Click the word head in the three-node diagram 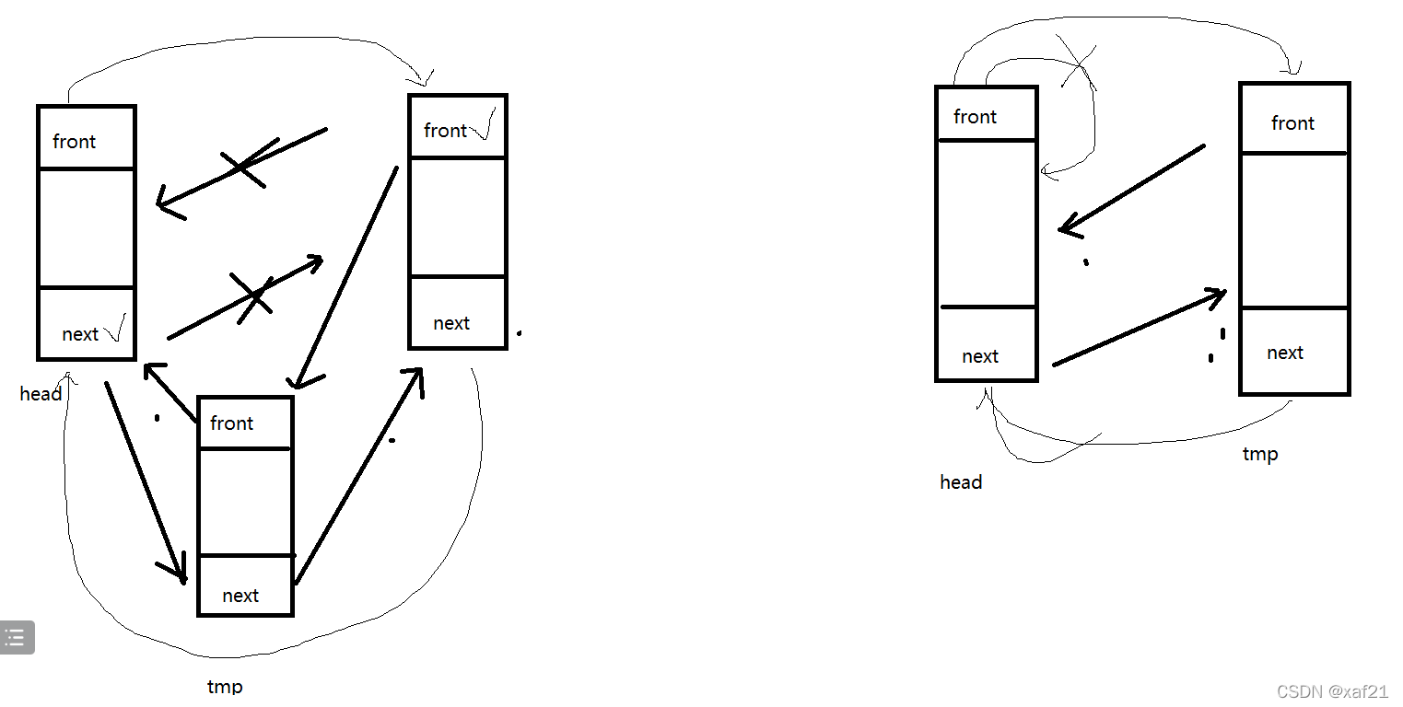(x=41, y=394)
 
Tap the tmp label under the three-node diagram (x=225, y=687)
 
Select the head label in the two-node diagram (x=961, y=482)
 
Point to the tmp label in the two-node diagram (x=1260, y=454)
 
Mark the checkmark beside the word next (x=115, y=329)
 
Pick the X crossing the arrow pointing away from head (x=252, y=296)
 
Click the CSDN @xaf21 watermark (x=1333, y=691)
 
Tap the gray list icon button (x=16, y=637)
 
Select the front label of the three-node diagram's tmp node (x=231, y=423)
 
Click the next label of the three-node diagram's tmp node (x=240, y=596)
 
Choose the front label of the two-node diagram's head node (x=975, y=117)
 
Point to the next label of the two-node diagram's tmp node (x=1284, y=353)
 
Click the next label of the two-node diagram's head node (x=979, y=356)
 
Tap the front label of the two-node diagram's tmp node (x=1292, y=123)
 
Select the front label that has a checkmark (x=445, y=131)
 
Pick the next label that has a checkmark (x=79, y=334)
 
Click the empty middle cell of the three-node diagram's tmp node (x=245, y=502)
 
